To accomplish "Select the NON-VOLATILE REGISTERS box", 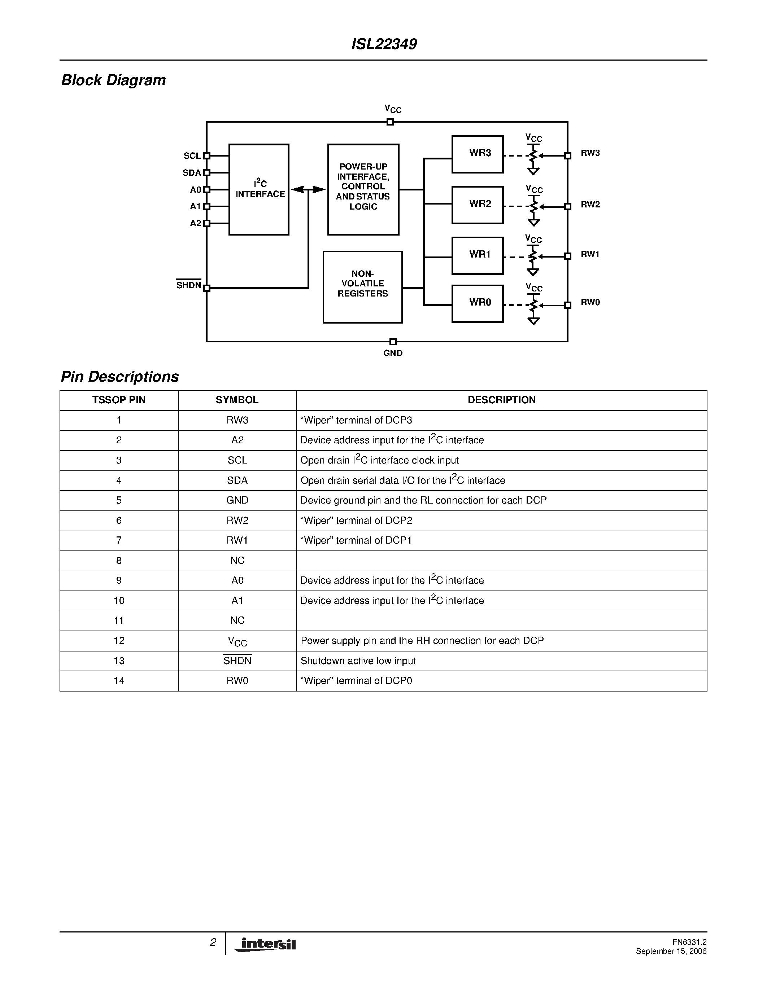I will pos(363,287).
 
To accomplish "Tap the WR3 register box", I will pos(478,154).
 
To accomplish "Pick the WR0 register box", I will pos(478,303).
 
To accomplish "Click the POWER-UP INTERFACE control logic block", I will pos(363,189).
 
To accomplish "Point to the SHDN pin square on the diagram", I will pos(207,287).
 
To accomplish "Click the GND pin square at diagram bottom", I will pos(393,342).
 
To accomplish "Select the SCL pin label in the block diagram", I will pos(192,156).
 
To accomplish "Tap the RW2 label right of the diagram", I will pos(590,205).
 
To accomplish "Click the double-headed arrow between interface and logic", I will pos(308,189).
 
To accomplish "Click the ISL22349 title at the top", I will pos(384,44).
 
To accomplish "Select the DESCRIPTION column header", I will pos(502,400).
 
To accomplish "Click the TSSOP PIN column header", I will pos(119,400).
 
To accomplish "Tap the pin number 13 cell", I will pos(119,661).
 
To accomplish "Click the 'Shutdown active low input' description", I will pos(358,661).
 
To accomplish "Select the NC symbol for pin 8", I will pos(237,561).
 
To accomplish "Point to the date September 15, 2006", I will pos(671,951).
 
